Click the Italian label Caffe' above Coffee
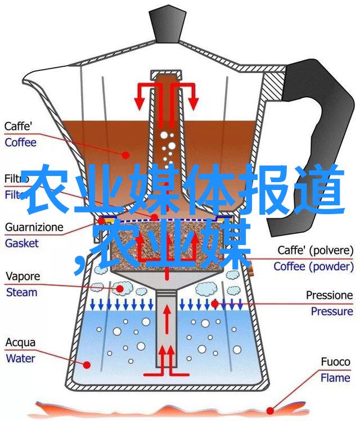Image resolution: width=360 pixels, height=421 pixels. [19, 127]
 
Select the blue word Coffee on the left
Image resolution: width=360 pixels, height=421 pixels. [20, 142]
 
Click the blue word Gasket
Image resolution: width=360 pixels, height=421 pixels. [22, 243]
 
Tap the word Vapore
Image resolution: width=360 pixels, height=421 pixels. [23, 277]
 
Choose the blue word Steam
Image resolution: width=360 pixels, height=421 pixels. [22, 292]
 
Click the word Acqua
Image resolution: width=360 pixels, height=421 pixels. [20, 342]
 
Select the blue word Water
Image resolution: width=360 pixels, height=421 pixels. [21, 357]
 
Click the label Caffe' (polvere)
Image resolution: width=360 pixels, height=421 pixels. [315, 251]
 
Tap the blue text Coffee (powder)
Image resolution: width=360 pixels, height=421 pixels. [314, 266]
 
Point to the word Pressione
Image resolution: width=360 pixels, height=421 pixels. [330, 296]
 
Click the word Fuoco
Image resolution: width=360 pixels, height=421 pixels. [335, 362]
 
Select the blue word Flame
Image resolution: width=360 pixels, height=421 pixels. [336, 378]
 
